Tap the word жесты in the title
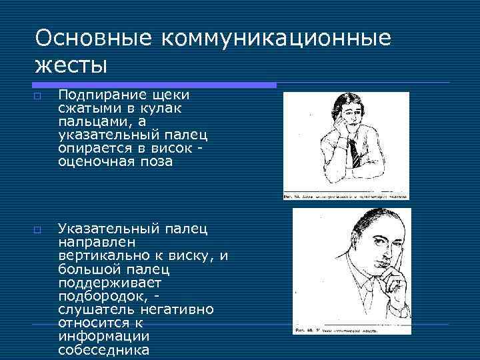coord(71,66)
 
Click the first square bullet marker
coord(38,97)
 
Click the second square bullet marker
coord(38,230)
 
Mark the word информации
coord(103,336)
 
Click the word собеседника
coord(103,349)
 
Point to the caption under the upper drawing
coord(346,197)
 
